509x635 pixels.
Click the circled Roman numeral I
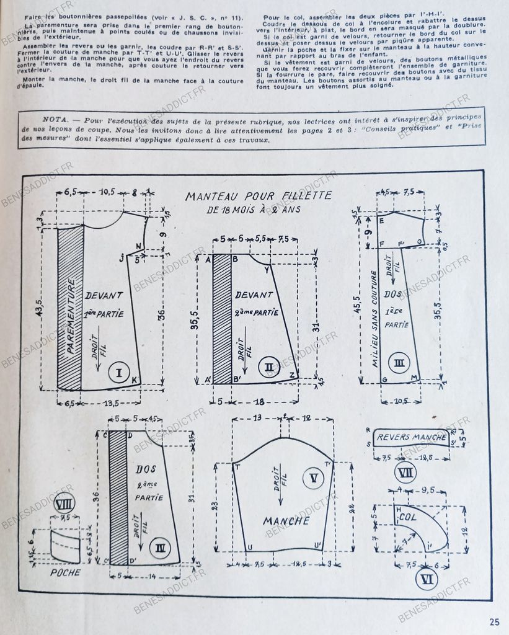118,373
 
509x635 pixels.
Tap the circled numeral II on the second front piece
268,367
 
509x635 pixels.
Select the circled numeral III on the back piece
399,362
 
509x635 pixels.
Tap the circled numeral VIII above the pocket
64,502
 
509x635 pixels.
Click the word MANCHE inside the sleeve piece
286,521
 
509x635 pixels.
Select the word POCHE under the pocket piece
65,572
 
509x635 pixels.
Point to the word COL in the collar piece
407,516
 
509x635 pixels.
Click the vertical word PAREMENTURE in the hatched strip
71,316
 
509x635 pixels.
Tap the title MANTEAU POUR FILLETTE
259,197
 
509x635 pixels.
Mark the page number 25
494,622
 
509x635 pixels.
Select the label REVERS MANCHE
411,437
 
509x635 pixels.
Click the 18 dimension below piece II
260,401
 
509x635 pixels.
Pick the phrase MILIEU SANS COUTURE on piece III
374,319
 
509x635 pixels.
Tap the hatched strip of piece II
221,317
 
